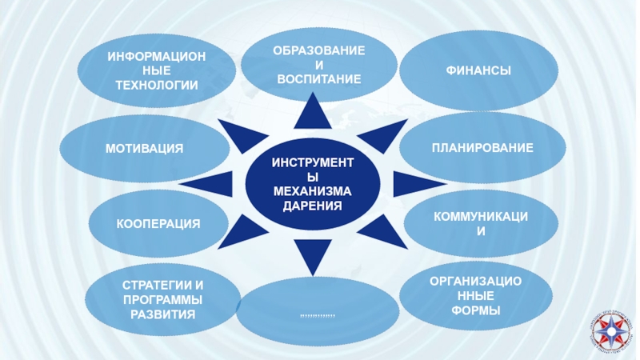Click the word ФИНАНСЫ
click(x=478, y=72)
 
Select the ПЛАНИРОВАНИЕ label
click(x=482, y=148)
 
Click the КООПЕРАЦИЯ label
click(x=158, y=223)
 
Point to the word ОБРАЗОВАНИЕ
click(x=318, y=50)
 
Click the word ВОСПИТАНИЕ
click(x=318, y=78)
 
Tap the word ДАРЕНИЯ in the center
click(x=312, y=206)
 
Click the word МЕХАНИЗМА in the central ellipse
click(x=312, y=191)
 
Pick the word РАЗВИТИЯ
click(x=163, y=314)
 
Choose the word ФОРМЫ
click(x=476, y=310)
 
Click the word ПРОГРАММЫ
click(x=163, y=299)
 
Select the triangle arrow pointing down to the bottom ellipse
click(x=311, y=255)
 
